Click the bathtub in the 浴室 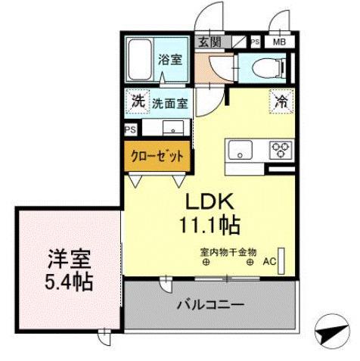tap(141, 59)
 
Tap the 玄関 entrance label tap(209, 42)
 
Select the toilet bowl tap(269, 67)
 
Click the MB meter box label tap(280, 42)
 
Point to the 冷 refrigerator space tap(281, 101)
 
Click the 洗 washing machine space tap(138, 101)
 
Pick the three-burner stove tap(281, 149)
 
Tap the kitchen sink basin tap(241, 150)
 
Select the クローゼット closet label tap(157, 157)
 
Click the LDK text tap(209, 202)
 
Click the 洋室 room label tap(70, 259)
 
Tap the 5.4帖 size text tap(69, 282)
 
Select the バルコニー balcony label tap(210, 305)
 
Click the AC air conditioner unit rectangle tap(281, 261)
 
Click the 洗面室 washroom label tap(169, 104)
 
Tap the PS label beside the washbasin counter tap(130, 129)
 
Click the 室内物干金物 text tap(228, 252)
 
